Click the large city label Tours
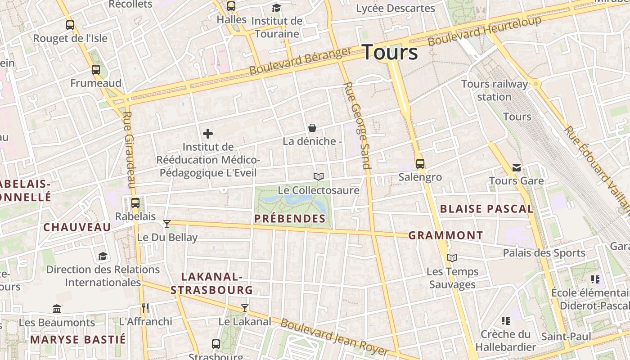tap(390, 52)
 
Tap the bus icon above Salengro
tap(420, 164)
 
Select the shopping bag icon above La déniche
tap(312, 128)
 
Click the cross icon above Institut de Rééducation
tap(208, 134)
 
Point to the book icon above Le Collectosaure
tap(319, 177)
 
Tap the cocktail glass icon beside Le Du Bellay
tap(167, 224)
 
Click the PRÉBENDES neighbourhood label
tap(290, 219)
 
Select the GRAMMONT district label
tap(445, 235)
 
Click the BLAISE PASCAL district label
tap(486, 209)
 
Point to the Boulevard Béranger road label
tap(300, 61)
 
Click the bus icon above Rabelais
tap(135, 203)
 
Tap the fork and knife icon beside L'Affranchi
tap(145, 308)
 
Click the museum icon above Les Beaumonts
tap(57, 309)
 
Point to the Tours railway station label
tap(495, 90)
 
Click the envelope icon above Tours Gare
tap(517, 168)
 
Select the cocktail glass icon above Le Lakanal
tap(244, 308)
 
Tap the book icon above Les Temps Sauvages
tap(452, 258)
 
